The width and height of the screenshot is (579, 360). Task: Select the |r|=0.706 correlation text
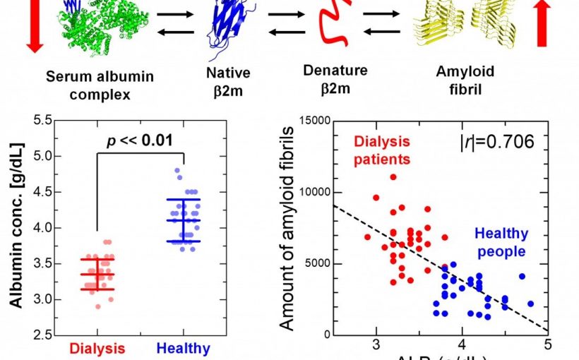tap(496, 142)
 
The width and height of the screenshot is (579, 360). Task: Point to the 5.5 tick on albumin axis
tap(44, 120)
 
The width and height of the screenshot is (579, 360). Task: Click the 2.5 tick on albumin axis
tap(44, 335)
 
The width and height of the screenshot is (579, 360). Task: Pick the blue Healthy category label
tap(183, 348)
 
